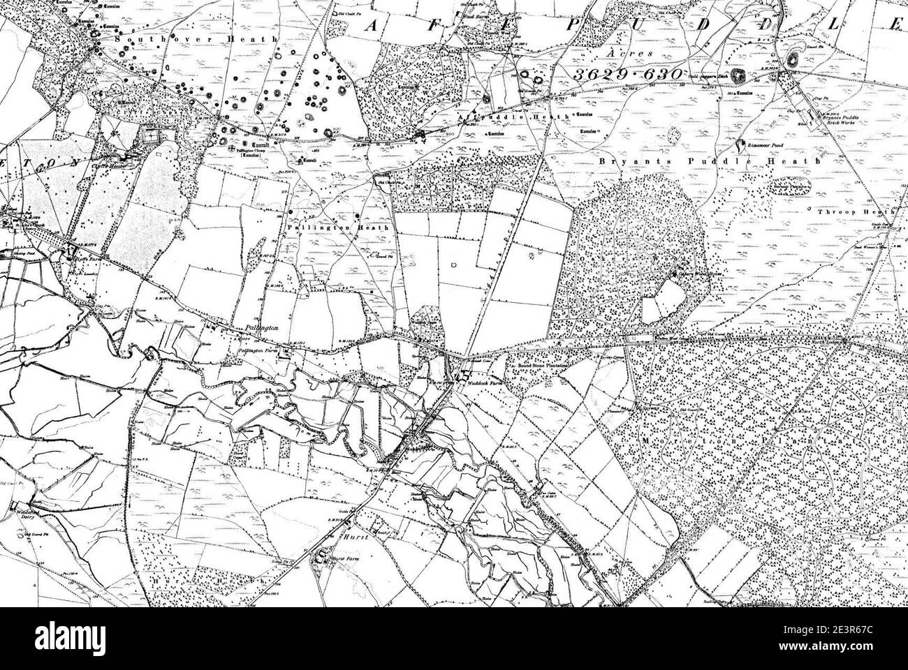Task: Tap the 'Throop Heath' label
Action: click(x=865, y=210)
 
